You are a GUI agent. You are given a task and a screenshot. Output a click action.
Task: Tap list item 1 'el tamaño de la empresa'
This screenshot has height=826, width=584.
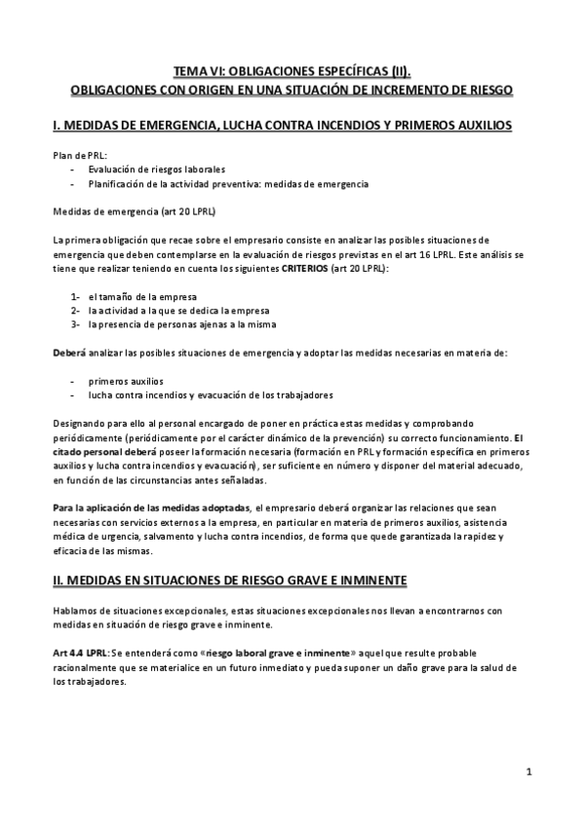(x=142, y=295)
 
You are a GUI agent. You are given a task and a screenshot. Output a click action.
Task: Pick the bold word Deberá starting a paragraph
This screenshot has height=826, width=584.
(x=69, y=352)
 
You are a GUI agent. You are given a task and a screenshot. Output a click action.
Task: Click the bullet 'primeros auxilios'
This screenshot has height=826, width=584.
(x=126, y=380)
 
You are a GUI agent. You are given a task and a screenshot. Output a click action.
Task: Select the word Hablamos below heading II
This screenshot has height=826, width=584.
(x=76, y=610)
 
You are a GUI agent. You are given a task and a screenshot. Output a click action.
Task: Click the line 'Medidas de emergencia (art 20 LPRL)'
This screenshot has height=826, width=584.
(x=135, y=210)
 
